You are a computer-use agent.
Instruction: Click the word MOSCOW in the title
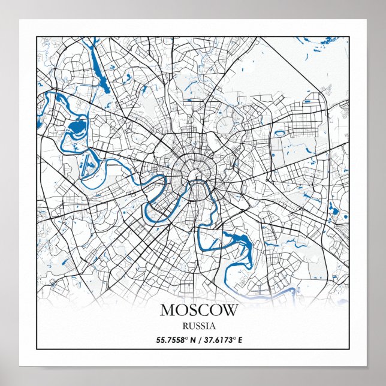(x=199, y=310)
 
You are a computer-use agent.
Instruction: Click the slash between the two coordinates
(x=197, y=340)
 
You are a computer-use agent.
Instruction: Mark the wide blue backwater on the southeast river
(x=243, y=242)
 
